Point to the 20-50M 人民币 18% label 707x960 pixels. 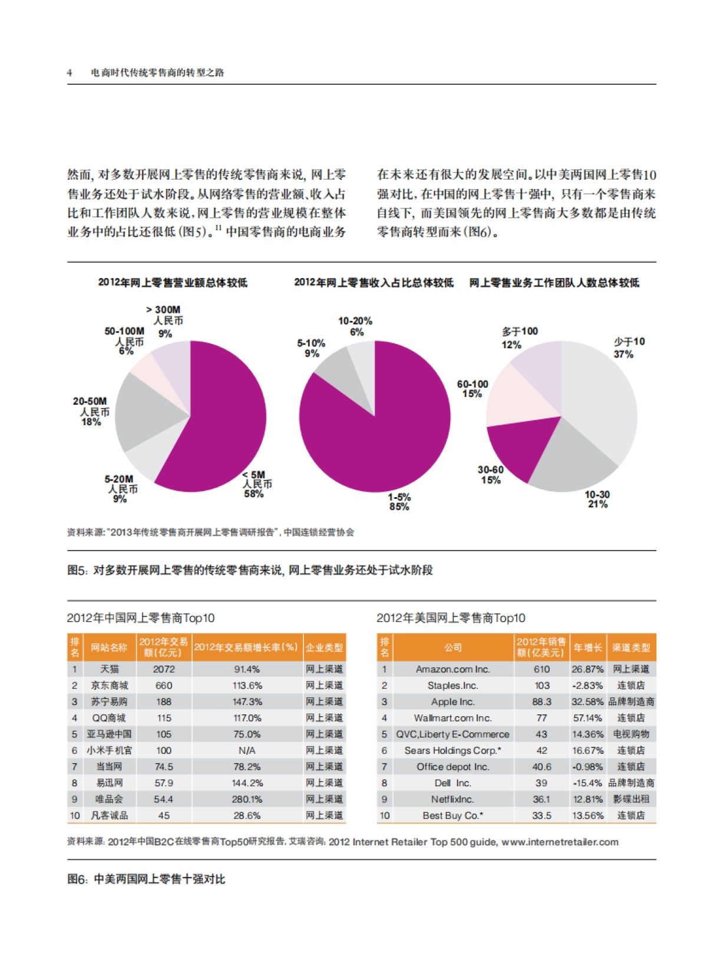91,412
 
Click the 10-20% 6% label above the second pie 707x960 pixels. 355,326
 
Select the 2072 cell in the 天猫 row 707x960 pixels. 164,669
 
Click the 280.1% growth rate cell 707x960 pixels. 247,799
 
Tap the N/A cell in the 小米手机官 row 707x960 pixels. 247,750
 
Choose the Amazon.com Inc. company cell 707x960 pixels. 452,669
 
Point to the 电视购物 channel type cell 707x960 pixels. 631,734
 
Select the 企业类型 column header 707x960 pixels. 324,647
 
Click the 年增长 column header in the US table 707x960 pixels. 587,647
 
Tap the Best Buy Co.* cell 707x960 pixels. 452,816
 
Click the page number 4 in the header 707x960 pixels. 70,72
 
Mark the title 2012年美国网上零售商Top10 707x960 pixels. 451,618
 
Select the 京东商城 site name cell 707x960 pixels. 109,686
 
